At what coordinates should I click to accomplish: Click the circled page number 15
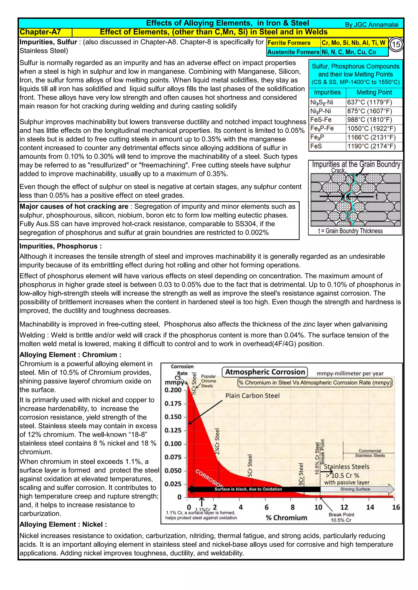(396, 45)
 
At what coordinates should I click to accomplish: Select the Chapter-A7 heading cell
(40, 32)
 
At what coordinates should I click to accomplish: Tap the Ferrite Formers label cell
(289, 43)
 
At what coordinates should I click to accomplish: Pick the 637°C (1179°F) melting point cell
(369, 102)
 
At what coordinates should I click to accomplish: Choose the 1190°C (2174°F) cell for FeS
(371, 146)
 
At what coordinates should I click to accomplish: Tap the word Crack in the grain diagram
(338, 171)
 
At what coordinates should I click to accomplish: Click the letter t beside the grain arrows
(376, 197)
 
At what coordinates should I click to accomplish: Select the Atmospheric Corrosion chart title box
(265, 372)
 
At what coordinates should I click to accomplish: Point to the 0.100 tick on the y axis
(173, 444)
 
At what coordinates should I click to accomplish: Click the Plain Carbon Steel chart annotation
(252, 396)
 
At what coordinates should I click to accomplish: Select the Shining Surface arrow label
(355, 489)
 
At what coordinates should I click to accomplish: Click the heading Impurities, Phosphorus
(60, 246)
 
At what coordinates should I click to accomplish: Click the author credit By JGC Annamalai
(371, 25)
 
